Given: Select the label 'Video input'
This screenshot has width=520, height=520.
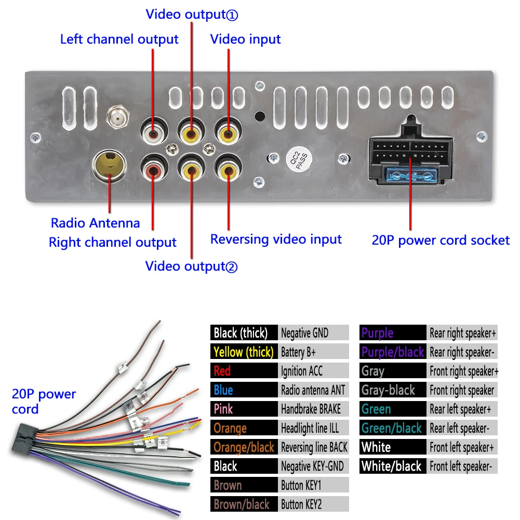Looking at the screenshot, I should coord(245,39).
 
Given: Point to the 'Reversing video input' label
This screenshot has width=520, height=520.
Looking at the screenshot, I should coord(276,239).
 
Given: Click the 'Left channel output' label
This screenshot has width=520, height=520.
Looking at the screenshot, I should coord(119,39).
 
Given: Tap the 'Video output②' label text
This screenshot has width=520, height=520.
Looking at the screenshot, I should coord(191,266).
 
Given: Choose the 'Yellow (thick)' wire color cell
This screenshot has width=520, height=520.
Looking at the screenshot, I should coord(244,352).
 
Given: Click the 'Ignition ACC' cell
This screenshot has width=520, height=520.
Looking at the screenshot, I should coord(314,371).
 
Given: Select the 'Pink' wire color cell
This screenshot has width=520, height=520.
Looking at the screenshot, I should coord(244,409).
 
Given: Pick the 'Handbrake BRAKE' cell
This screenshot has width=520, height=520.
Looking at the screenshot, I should coord(314,409).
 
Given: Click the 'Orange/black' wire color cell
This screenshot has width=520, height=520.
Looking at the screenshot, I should coord(244,447).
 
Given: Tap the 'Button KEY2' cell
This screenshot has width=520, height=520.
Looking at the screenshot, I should coord(314,504).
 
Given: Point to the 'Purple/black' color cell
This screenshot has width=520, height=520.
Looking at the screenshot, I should coord(393,352).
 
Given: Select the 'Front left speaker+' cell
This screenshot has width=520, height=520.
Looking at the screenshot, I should coord(462,447).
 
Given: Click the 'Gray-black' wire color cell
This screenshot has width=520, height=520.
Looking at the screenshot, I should coord(393,390).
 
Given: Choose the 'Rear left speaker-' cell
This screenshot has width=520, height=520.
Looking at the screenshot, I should coord(462,428).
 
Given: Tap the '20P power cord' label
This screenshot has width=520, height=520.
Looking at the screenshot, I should coord(44,402).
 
